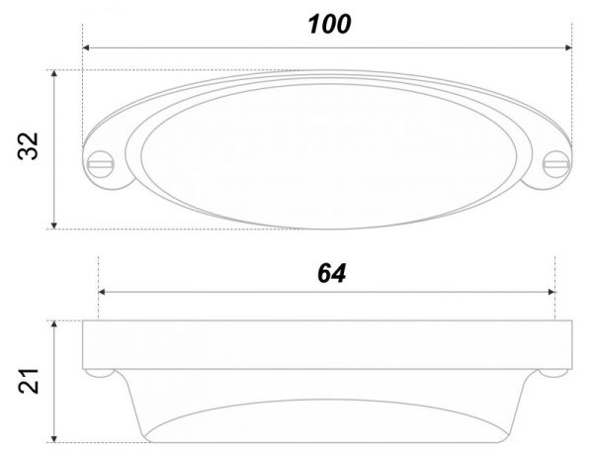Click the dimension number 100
pos(329,24)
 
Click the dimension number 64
pos(331,273)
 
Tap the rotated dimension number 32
pos(29,146)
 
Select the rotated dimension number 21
pos(29,381)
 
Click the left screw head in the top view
pos(101,164)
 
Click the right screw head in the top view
pos(555,164)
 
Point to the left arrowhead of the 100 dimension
pos(86,47)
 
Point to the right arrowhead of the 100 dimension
pos(568,47)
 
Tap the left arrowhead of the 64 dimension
pos(102,292)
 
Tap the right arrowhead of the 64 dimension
pos(551,292)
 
